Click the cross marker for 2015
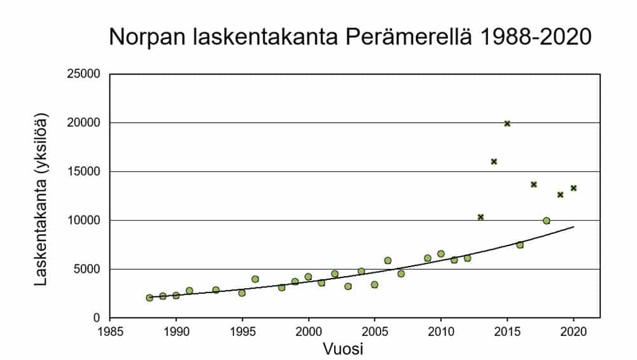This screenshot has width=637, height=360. click(507, 123)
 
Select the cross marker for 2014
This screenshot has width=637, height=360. click(494, 162)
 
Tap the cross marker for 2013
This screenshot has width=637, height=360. click(480, 217)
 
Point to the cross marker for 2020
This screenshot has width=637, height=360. click(573, 188)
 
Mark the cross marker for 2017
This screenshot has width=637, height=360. click(534, 184)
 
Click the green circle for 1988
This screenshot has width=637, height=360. click(150, 298)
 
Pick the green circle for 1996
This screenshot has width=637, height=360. click(255, 279)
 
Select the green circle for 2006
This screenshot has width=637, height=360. click(388, 261)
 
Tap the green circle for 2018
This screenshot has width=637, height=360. click(547, 221)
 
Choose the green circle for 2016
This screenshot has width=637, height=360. click(520, 245)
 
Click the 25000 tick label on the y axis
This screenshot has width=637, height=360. click(85, 74)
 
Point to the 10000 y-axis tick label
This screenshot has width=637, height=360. click(85, 221)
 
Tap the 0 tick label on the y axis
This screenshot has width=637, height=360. click(97, 318)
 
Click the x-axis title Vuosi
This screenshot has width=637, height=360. click(344, 349)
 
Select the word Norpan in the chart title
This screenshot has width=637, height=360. click(146, 37)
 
